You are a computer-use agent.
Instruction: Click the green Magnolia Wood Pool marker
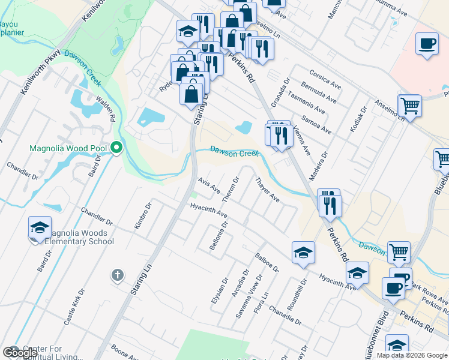tap(116, 147)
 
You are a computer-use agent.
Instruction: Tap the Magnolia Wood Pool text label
tap(68, 148)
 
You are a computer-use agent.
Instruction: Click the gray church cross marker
tap(117, 275)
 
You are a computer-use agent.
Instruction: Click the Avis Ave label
tap(209, 186)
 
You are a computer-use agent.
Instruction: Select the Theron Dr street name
tap(231, 188)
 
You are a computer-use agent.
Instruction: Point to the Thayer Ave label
tap(267, 189)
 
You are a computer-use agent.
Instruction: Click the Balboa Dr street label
tap(267, 262)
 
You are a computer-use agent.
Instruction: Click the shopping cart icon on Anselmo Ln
tap(410, 106)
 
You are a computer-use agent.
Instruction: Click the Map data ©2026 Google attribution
tap(412, 355)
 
